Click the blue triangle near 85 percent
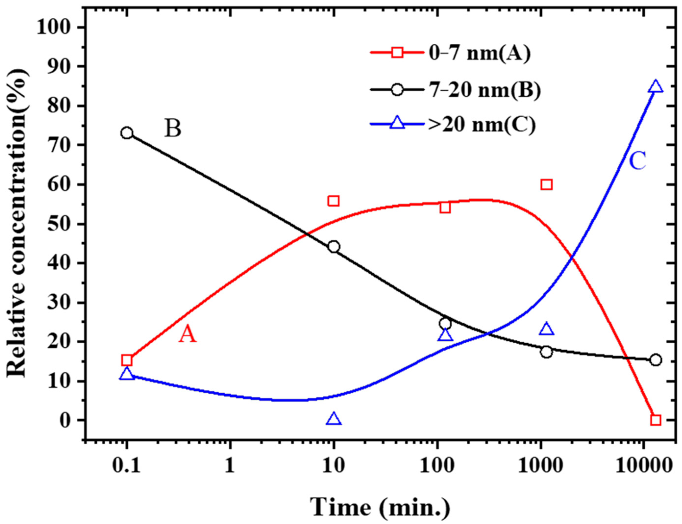click(x=656, y=87)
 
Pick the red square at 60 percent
click(x=547, y=185)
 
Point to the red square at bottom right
click(x=656, y=420)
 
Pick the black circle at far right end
click(x=656, y=360)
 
